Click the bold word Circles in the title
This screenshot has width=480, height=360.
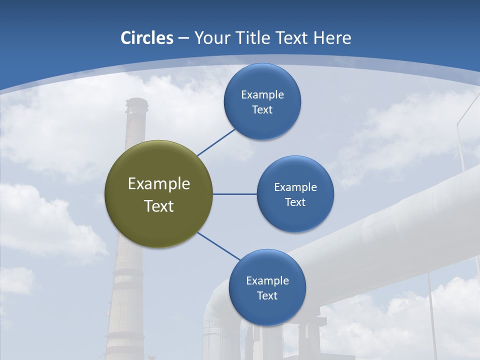click(x=146, y=38)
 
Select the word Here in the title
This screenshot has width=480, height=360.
click(x=332, y=38)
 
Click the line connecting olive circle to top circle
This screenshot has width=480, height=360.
click(x=216, y=142)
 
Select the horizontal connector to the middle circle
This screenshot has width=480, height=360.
click(x=234, y=194)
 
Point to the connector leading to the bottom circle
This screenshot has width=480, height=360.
click(x=219, y=246)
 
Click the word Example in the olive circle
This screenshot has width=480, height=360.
click(x=159, y=184)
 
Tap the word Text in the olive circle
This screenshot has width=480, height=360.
click(x=159, y=206)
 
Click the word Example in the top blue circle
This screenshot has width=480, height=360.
click(x=262, y=94)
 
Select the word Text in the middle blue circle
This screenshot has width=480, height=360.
click(x=295, y=202)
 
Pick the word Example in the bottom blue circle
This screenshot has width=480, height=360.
click(x=267, y=280)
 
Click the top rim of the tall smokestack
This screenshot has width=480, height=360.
click(x=136, y=100)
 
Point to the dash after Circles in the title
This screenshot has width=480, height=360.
click(x=183, y=38)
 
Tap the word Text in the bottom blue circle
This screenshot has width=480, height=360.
click(x=267, y=295)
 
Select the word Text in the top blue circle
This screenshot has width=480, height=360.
click(x=262, y=109)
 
